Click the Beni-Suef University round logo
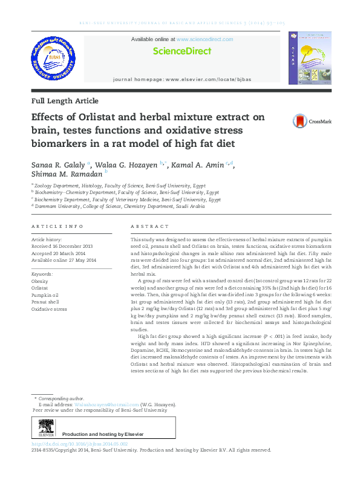51,58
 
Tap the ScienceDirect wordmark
182,51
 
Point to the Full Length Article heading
65,101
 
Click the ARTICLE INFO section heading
57,226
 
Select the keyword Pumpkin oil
45,294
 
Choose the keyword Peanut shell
45,301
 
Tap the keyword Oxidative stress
49,308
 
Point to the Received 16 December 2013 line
62,247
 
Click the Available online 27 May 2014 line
64,260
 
